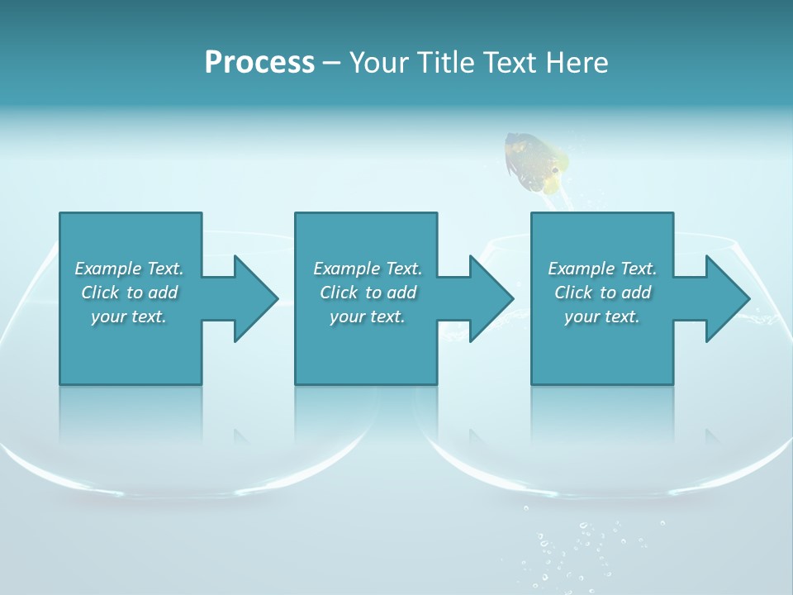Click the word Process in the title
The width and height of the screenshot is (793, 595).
(259, 63)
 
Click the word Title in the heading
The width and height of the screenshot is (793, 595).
(443, 63)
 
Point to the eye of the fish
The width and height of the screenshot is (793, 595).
(554, 170)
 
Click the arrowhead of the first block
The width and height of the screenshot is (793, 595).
(256, 298)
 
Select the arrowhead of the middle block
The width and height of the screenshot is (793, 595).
(491, 298)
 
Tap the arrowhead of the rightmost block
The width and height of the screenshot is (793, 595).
(728, 298)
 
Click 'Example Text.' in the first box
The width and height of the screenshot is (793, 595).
(129, 269)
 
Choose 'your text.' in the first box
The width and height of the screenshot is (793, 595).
(129, 317)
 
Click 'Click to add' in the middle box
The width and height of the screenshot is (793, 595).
(368, 293)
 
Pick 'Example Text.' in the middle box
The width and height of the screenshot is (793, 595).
(368, 269)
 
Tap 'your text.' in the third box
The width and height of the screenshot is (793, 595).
(602, 317)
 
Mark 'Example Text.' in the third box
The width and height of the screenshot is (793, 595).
(602, 269)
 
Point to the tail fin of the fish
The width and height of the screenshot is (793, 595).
(516, 149)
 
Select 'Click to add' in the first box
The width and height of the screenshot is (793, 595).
(129, 293)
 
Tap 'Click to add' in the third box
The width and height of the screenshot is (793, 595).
(602, 293)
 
